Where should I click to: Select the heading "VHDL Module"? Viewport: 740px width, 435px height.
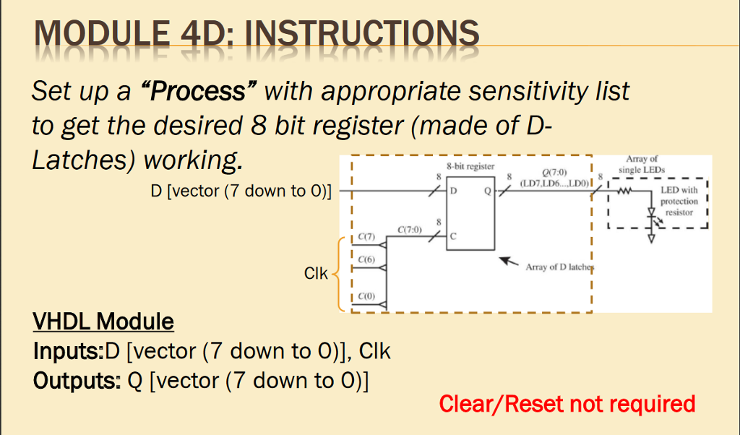103,321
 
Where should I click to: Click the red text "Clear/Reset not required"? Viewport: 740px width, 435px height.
567,403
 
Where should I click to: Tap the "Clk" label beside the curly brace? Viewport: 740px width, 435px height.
316,274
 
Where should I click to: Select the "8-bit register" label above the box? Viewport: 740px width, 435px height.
470,166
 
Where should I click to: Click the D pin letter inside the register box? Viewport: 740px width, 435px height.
454,192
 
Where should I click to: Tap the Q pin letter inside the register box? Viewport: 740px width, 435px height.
487,192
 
